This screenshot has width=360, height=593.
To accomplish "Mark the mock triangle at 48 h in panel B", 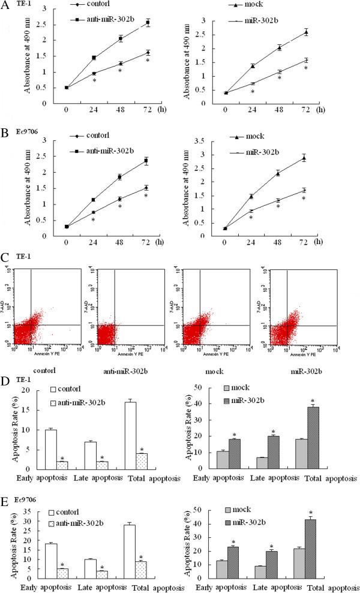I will point(278,173).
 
